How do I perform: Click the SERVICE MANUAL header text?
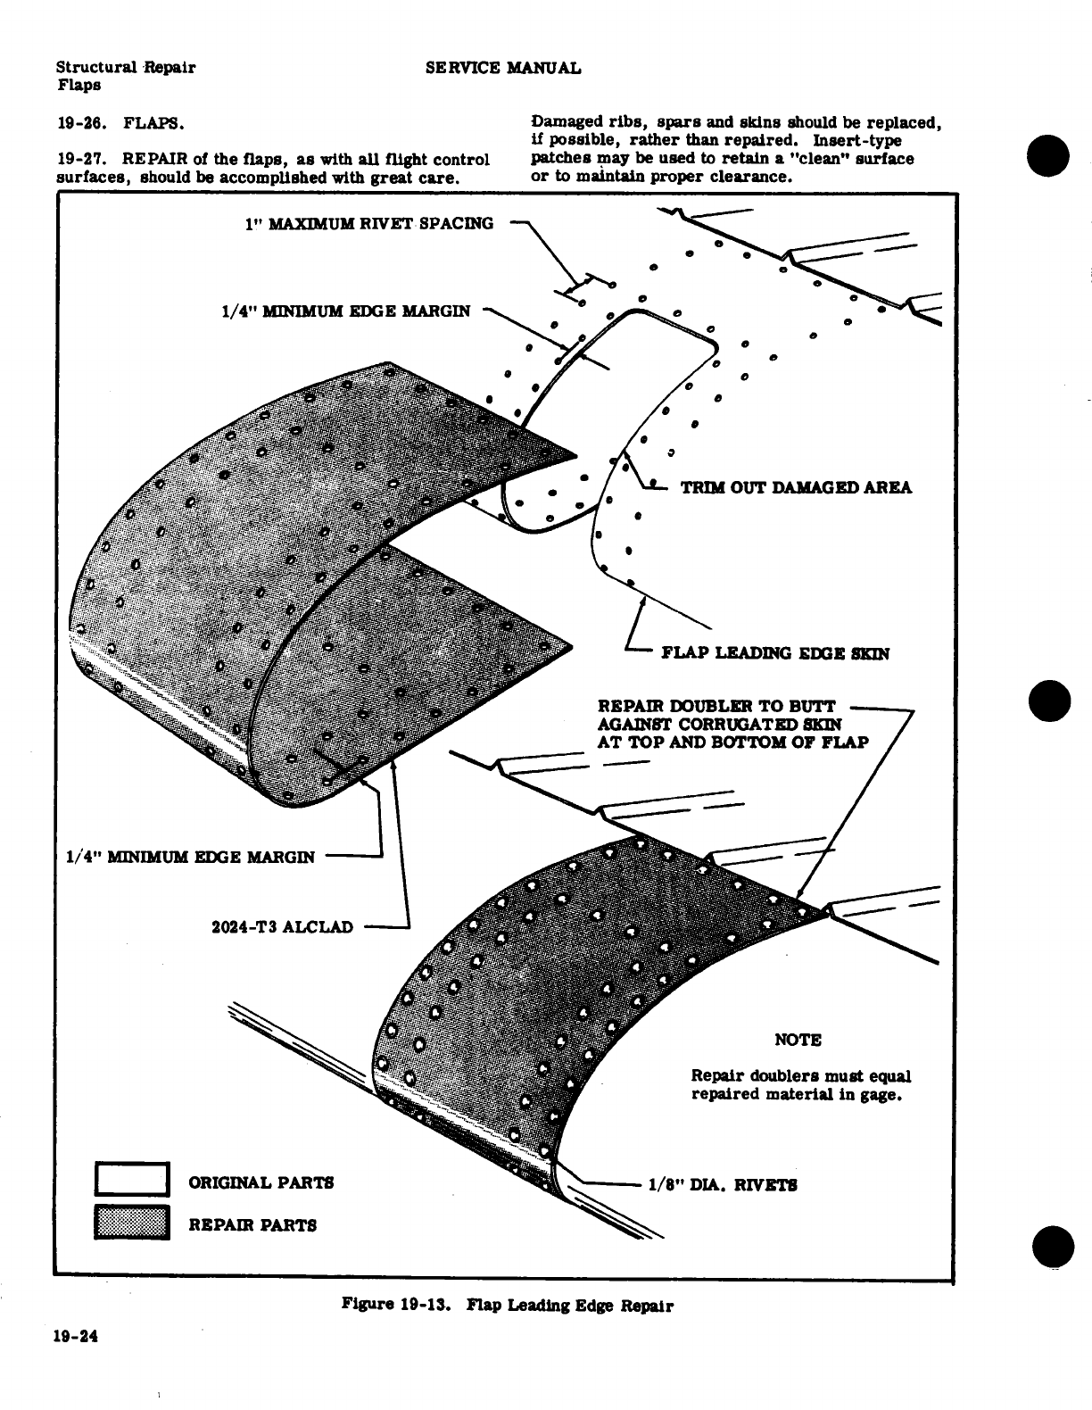coord(503,68)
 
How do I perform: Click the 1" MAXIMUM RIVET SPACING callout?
coord(368,223)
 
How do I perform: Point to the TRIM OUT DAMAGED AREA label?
coord(796,487)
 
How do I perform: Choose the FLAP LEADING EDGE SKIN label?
coord(774,653)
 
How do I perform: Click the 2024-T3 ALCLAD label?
coord(282,927)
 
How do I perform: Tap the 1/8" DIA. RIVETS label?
coord(723,1185)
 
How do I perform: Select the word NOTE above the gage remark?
coord(798,1040)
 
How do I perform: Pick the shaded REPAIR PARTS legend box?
coord(132,1223)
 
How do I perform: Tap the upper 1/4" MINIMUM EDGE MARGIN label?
coord(345,311)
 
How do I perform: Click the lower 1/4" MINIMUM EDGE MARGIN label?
coord(191,858)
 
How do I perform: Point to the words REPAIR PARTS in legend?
coord(252,1225)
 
